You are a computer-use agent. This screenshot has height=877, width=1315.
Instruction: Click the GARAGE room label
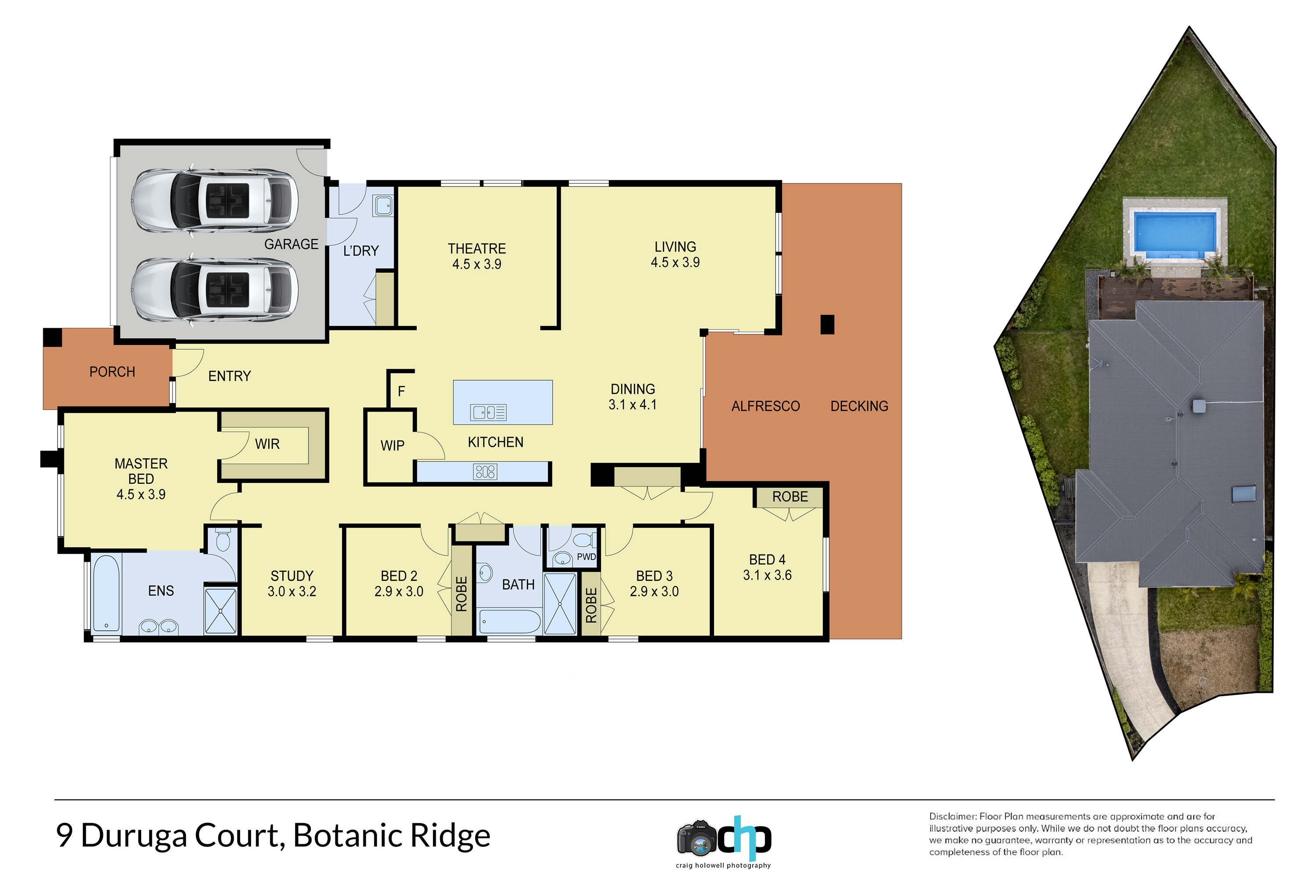[291, 245]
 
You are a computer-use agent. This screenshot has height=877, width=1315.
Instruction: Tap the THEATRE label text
[476, 249]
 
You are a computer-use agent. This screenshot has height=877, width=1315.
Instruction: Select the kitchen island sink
[488, 413]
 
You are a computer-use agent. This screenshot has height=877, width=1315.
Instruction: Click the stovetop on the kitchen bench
[484, 472]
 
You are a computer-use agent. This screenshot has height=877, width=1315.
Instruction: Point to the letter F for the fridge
[401, 391]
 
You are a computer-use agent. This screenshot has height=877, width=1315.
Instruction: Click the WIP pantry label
[392, 446]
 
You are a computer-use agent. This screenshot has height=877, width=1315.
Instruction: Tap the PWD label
[586, 557]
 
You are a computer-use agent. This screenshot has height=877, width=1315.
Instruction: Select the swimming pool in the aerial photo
[1175, 233]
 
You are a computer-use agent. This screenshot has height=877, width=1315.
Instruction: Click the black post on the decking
[827, 324]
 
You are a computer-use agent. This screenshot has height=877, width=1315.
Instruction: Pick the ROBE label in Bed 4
[790, 497]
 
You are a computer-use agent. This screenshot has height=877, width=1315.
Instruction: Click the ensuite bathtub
[106, 593]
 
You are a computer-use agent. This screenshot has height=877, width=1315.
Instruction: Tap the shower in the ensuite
[220, 611]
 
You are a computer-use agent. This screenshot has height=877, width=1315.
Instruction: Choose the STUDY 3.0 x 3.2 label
[292, 583]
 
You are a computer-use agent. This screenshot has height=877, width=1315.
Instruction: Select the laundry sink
[384, 205]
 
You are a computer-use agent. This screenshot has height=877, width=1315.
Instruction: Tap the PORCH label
[112, 372]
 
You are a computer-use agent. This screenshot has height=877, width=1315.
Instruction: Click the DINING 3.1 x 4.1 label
[633, 397]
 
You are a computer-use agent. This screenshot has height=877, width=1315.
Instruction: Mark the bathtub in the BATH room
[510, 621]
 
